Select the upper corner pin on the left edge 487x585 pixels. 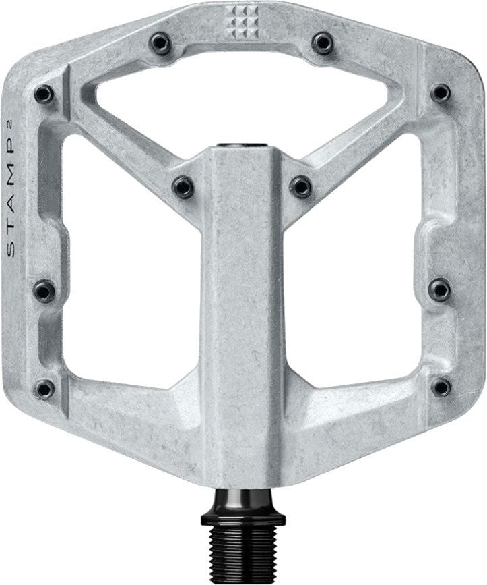44,92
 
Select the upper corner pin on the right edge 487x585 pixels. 441,92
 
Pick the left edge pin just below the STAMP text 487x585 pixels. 44,290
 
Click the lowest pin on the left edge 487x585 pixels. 44,388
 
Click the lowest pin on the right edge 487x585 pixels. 442,387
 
